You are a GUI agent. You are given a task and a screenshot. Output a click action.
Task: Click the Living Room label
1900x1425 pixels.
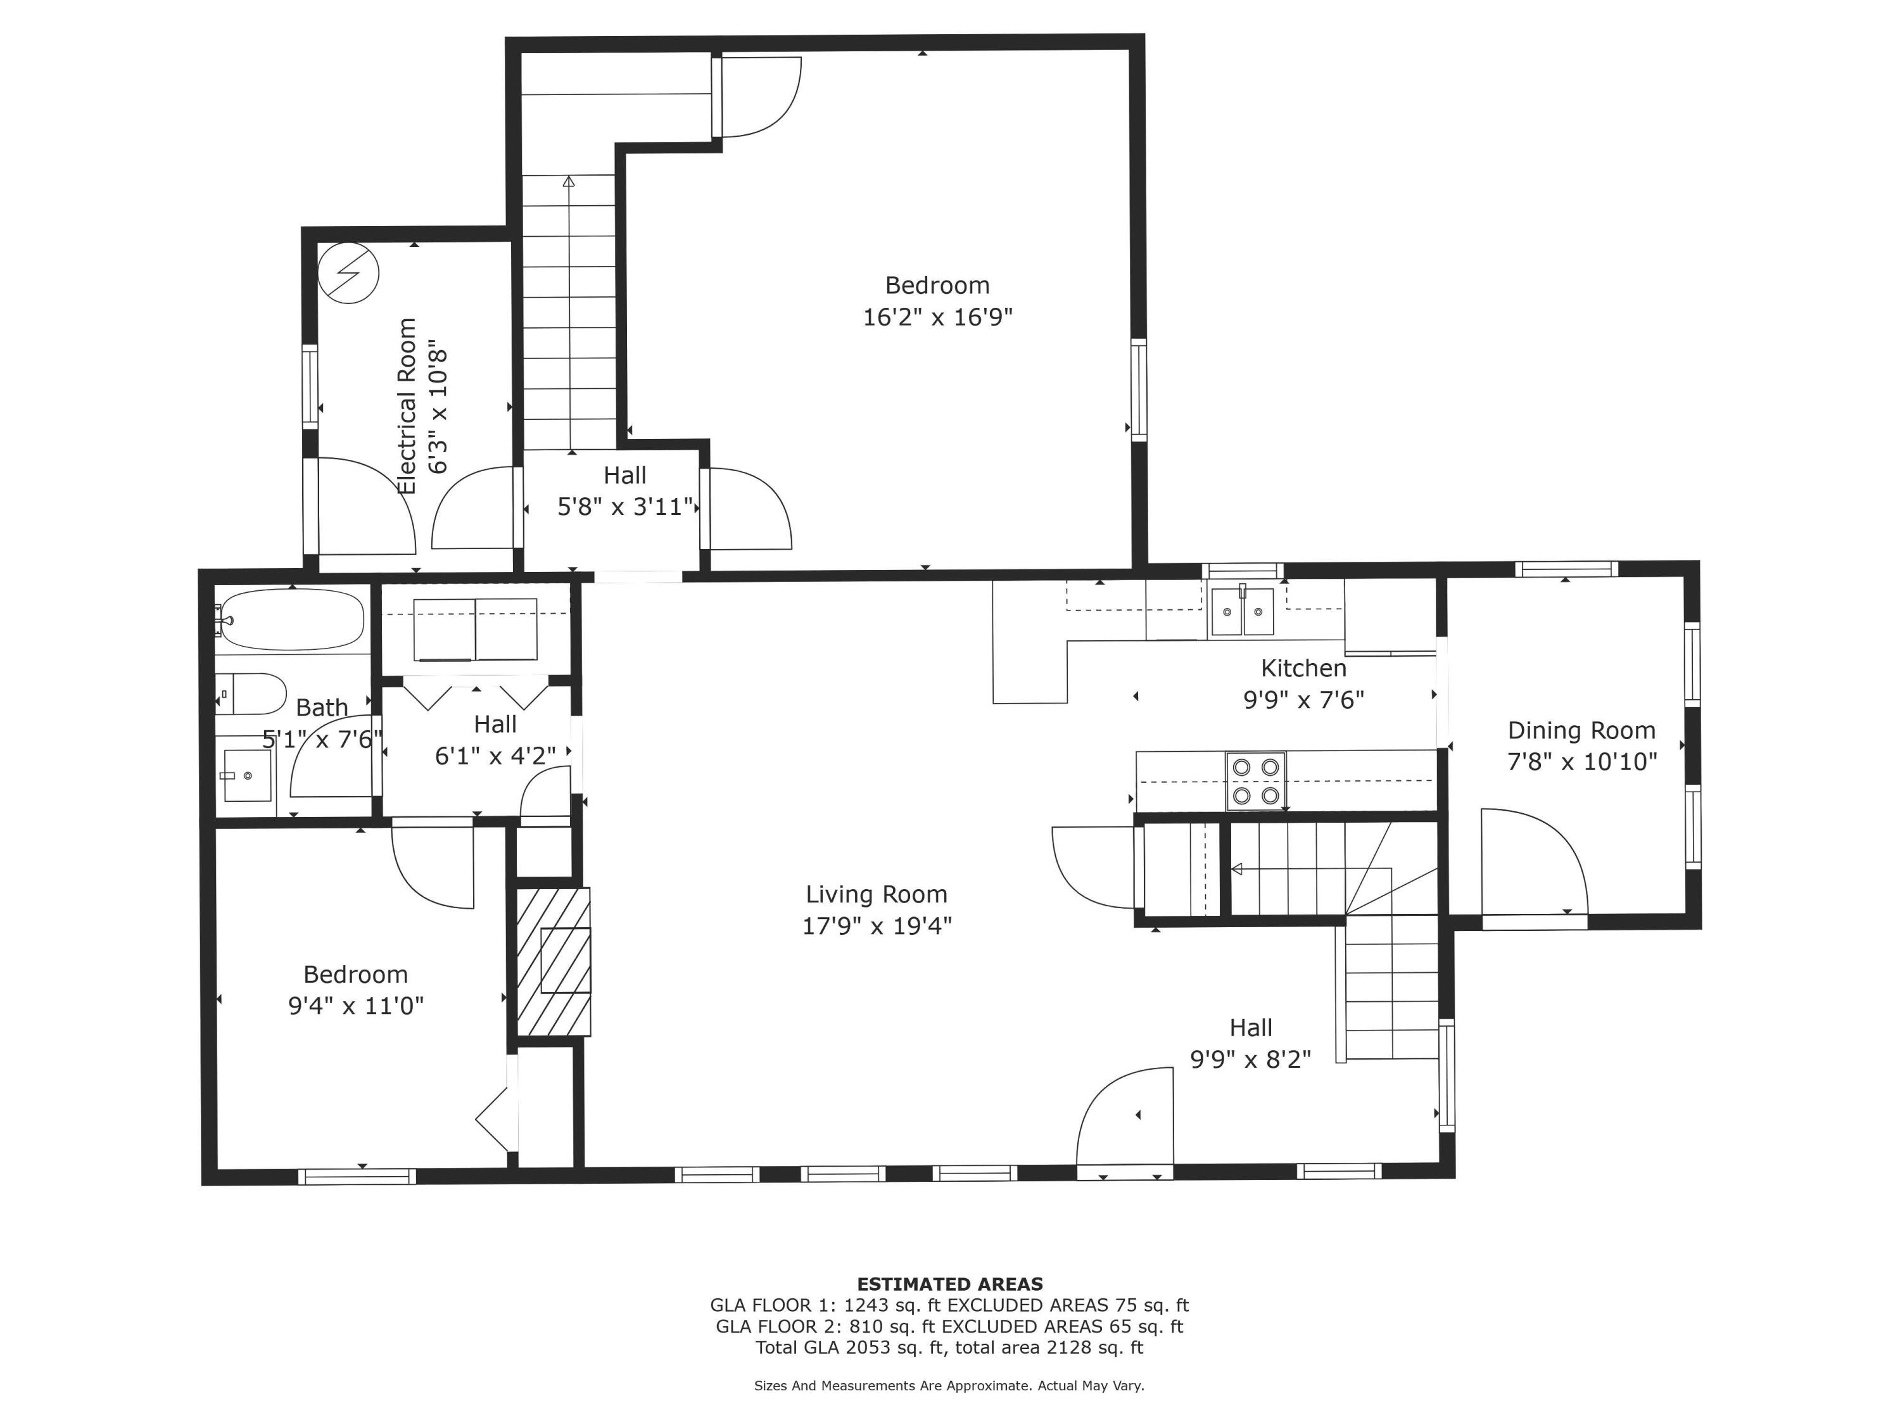click(x=876, y=894)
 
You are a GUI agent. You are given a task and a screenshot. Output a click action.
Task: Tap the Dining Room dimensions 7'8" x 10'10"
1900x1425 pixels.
click(x=1581, y=762)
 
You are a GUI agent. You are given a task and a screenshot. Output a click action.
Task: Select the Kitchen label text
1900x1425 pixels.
click(x=1303, y=668)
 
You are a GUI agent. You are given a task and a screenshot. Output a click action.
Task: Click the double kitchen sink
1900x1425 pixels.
click(x=1242, y=612)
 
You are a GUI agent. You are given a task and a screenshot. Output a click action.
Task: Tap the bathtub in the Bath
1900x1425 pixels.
click(x=290, y=619)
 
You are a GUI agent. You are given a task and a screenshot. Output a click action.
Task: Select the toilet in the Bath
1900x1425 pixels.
click(x=250, y=694)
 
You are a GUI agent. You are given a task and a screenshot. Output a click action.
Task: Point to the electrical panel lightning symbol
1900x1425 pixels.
click(x=348, y=273)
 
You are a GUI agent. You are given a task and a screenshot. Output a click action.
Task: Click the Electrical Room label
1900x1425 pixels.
click(x=407, y=407)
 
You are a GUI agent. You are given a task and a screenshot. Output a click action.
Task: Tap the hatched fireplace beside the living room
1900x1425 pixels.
click(x=553, y=961)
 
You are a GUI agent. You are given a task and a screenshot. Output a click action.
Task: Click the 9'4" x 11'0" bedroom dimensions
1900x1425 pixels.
click(x=355, y=1005)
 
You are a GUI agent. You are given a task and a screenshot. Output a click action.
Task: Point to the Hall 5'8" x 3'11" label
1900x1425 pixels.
click(x=624, y=491)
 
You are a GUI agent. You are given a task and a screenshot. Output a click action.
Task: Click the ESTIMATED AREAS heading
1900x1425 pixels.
click(x=949, y=1284)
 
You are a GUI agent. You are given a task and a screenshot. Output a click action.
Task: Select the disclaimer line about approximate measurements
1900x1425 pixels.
click(x=949, y=1386)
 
